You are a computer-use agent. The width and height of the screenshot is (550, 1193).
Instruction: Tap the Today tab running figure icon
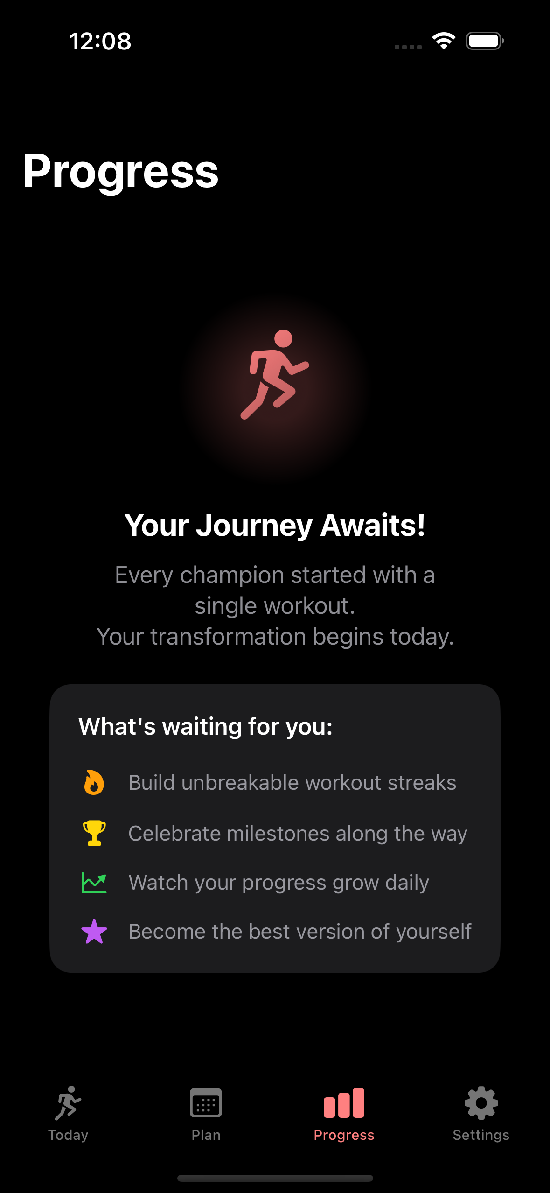point(68,1102)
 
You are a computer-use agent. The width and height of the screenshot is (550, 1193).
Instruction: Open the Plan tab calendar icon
point(206,1102)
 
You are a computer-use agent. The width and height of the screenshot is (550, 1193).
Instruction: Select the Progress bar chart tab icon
point(344,1103)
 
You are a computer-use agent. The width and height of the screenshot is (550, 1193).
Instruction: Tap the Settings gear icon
point(481,1102)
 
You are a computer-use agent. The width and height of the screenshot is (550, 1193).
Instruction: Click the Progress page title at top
point(121,171)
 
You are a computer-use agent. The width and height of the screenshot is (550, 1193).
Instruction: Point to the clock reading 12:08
point(100,41)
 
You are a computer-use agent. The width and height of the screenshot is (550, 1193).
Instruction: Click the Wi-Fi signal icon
point(444,41)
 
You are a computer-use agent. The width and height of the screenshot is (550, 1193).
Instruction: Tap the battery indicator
point(485,41)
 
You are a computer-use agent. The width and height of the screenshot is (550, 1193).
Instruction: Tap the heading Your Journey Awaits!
point(275,525)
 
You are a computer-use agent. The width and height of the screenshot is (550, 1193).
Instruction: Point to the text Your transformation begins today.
point(275,637)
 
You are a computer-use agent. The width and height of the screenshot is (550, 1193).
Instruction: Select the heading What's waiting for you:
point(205,726)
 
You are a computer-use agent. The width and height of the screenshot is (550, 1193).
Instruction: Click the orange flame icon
point(94,782)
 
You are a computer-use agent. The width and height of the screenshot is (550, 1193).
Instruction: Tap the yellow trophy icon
point(94,833)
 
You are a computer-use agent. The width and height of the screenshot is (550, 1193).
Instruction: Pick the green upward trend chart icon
point(94,883)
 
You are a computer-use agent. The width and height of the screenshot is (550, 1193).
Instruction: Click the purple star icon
point(94,932)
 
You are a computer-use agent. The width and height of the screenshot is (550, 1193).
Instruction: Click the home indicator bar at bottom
point(275,1178)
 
